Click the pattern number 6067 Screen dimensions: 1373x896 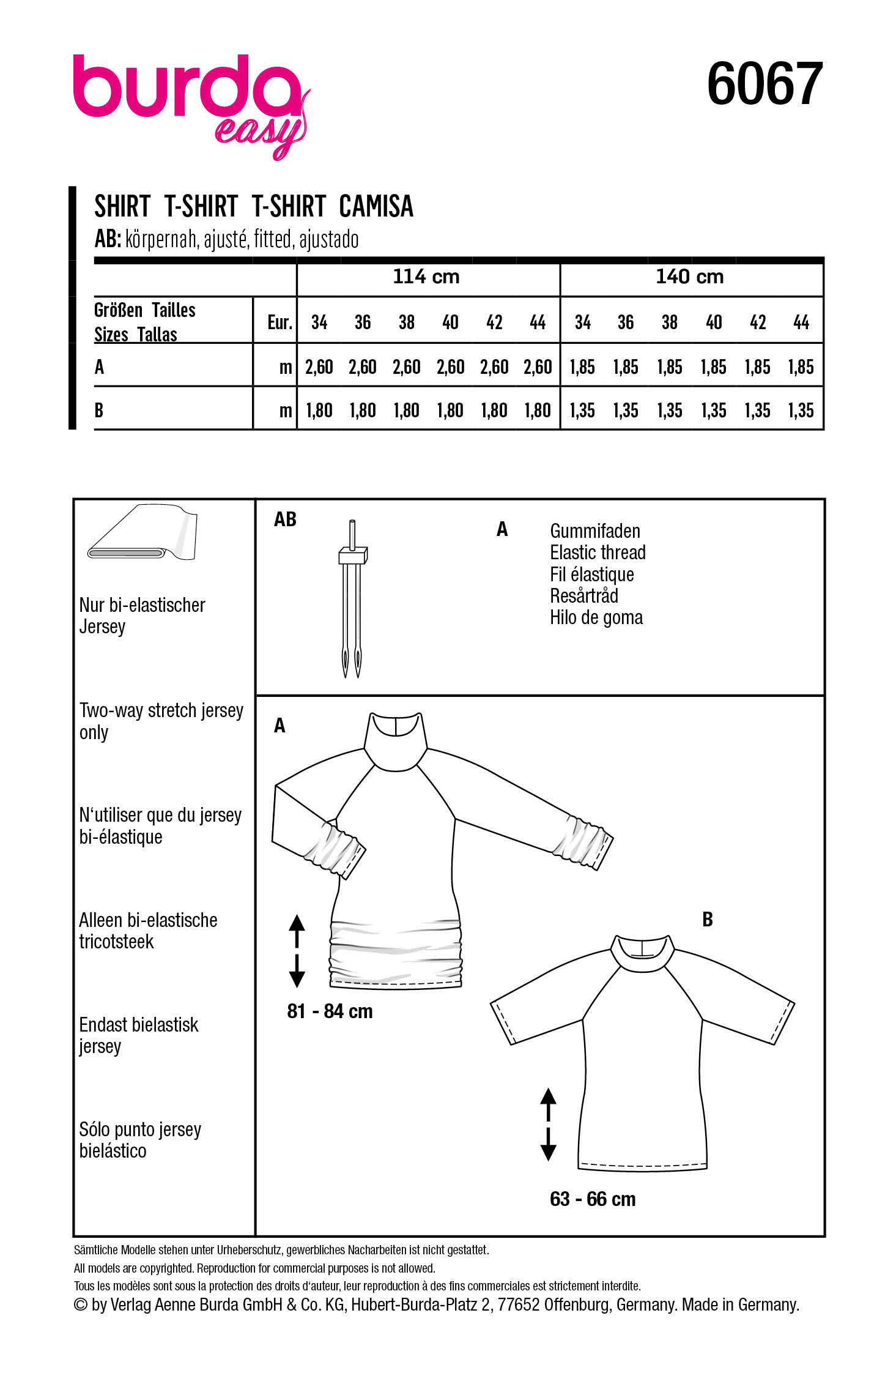click(x=764, y=84)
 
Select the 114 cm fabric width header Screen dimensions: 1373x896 click(x=426, y=277)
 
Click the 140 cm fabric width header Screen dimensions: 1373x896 click(x=689, y=277)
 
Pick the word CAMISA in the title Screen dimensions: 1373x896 click(x=376, y=207)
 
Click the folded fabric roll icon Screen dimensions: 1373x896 click(x=143, y=533)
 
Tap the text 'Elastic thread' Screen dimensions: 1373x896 click(x=598, y=553)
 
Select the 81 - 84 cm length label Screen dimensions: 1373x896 click(x=330, y=1011)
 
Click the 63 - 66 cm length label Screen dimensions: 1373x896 click(x=593, y=1199)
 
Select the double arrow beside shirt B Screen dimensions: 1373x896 click(x=548, y=1124)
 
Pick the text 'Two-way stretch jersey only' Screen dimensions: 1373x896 click(x=160, y=721)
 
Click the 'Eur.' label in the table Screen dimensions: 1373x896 click(x=280, y=322)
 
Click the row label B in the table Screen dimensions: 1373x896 click(x=99, y=410)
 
